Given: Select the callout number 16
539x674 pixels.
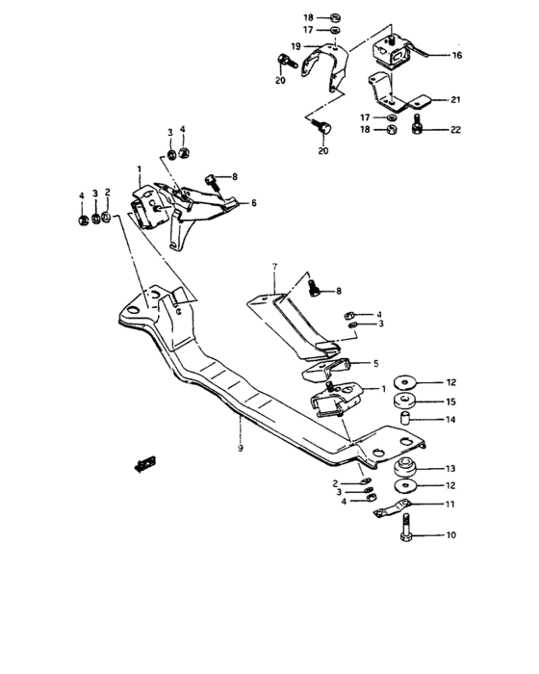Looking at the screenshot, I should click(x=457, y=56).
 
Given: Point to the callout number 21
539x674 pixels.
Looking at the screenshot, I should click(x=456, y=99).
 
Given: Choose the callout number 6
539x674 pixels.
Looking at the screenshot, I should click(x=254, y=203).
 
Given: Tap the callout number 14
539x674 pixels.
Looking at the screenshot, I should click(x=451, y=421).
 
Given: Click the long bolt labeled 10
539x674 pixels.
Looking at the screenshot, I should click(x=407, y=529).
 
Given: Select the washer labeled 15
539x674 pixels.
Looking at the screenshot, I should click(x=407, y=401).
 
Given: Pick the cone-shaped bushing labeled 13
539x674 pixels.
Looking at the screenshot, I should click(x=406, y=468).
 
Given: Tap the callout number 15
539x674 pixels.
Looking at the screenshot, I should click(x=451, y=401).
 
